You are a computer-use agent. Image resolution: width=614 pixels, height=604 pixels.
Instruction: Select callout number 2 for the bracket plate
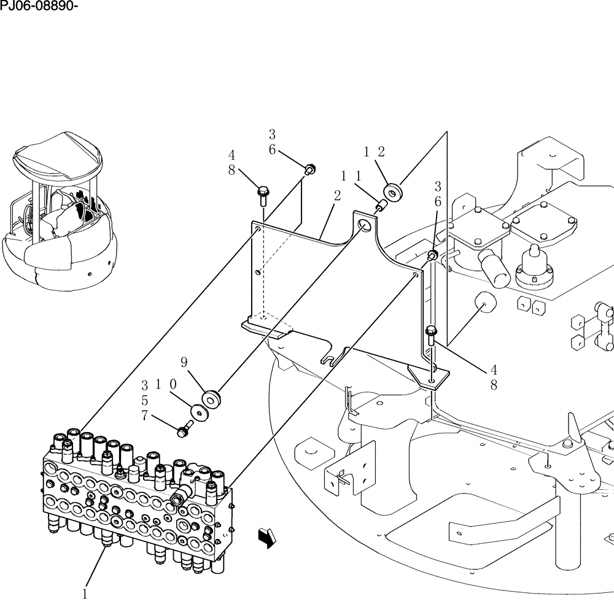[337, 196]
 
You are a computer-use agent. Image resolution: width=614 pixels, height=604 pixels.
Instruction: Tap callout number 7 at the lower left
[145, 415]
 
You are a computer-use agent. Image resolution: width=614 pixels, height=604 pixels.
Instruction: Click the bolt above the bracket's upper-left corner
[263, 195]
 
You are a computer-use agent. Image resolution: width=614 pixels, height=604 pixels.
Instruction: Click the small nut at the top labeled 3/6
[310, 168]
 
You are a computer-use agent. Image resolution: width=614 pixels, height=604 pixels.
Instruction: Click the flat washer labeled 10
[198, 411]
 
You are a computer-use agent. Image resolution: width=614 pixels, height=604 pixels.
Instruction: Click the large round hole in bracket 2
[364, 225]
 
